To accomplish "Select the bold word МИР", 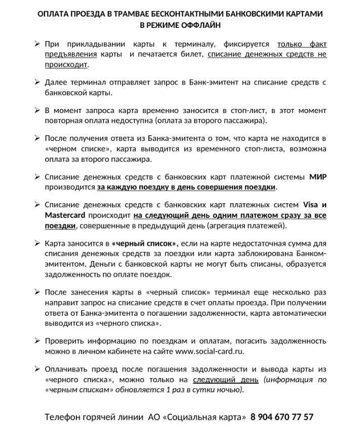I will [318, 177].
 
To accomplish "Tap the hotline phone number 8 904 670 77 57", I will [282, 417].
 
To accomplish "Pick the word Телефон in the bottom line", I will [65, 417].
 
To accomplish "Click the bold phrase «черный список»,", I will [145, 243].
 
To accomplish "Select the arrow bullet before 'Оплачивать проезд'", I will [37, 369].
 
